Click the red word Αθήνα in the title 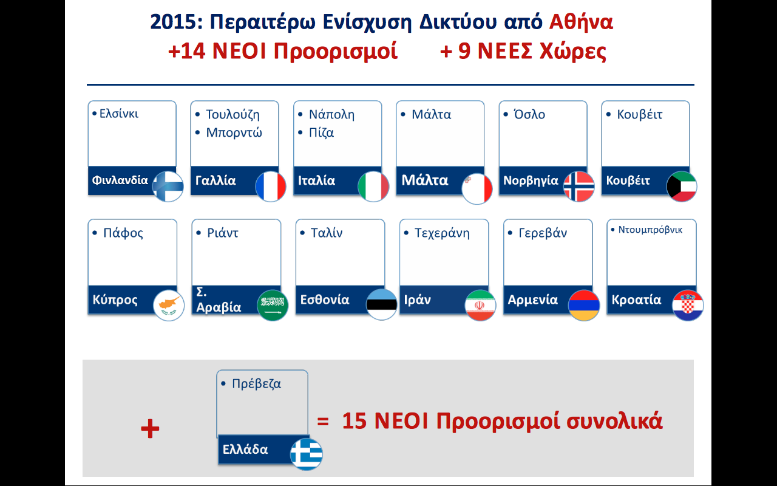tap(581, 22)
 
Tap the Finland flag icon tap(168, 187)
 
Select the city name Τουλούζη tap(232, 115)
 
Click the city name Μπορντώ tap(234, 132)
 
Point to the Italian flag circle tap(373, 187)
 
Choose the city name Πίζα tap(321, 133)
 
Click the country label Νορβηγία tap(531, 180)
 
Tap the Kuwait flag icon tap(682, 187)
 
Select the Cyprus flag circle tap(169, 305)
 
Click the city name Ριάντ tap(222, 233)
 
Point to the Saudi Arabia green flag tap(273, 305)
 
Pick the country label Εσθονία tap(325, 299)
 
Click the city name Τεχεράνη tap(442, 233)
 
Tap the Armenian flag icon tap(584, 305)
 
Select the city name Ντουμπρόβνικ tap(650, 230)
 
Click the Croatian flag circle tap(688, 305)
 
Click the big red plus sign tap(150, 428)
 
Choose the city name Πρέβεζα tap(256, 384)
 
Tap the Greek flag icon tap(307, 454)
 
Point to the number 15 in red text tap(354, 421)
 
